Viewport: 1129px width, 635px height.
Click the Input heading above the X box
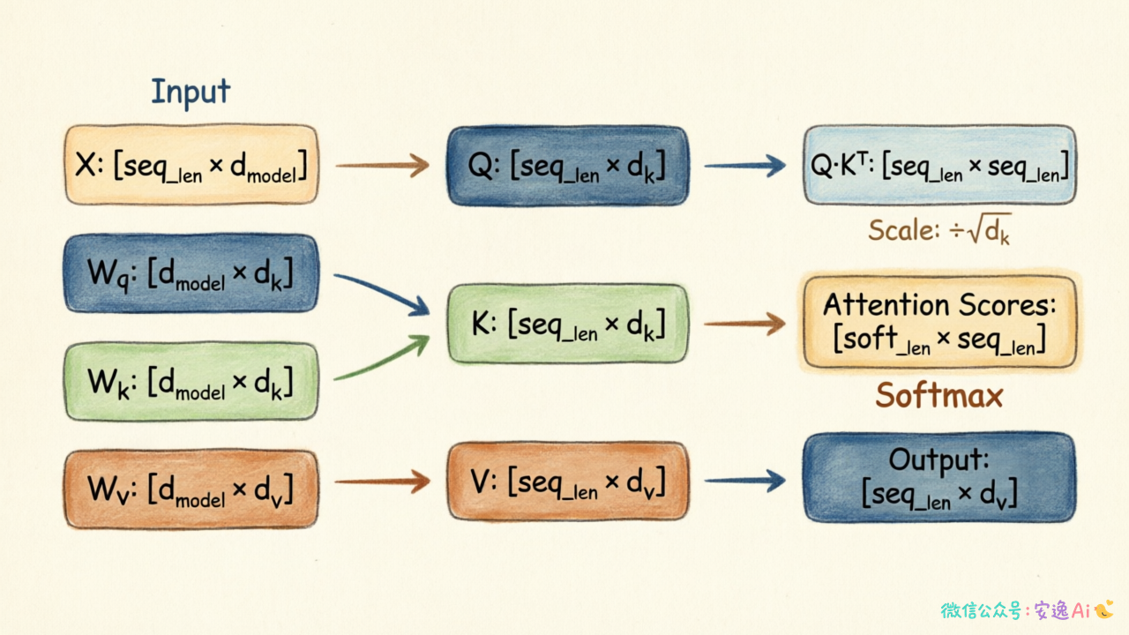(191, 93)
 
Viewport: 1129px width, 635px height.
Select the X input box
(191, 165)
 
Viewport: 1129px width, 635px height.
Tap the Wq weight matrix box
(191, 273)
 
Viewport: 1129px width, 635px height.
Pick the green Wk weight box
(191, 382)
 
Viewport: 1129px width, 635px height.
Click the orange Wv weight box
(191, 489)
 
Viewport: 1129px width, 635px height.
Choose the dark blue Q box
(568, 166)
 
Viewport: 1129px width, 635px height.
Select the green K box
(568, 324)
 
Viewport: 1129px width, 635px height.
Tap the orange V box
(568, 482)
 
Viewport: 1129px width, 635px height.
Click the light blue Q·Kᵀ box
(940, 165)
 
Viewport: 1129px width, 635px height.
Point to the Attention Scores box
(940, 322)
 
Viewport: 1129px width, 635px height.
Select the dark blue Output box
(940, 478)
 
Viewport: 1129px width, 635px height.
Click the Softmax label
(939, 396)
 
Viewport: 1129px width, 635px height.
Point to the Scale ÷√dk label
(939, 230)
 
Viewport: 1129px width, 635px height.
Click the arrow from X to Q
(382, 165)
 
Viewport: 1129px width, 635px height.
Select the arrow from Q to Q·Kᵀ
(745, 165)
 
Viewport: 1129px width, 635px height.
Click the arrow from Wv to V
(382, 482)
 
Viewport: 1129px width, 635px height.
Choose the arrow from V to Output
(745, 481)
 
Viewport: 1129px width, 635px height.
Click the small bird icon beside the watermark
(1103, 609)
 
